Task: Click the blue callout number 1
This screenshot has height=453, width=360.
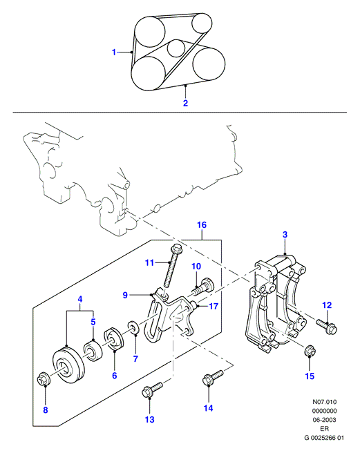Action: click(114, 52)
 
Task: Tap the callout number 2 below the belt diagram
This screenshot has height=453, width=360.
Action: click(186, 103)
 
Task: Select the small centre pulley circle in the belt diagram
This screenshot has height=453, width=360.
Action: click(176, 48)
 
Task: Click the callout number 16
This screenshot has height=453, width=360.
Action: click(202, 224)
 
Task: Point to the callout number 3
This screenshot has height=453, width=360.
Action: click(285, 234)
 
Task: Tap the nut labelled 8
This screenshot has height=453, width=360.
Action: click(44, 378)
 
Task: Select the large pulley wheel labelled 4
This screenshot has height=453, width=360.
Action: click(68, 366)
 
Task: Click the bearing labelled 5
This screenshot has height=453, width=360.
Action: click(92, 351)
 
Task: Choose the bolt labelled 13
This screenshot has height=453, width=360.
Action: click(152, 389)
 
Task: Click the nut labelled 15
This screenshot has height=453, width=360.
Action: click(310, 351)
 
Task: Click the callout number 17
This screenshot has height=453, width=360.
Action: click(214, 306)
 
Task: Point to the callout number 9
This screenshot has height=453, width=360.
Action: click(125, 295)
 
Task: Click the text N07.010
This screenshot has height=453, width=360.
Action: click(325, 402)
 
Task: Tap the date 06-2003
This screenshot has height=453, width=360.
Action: click(325, 420)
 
